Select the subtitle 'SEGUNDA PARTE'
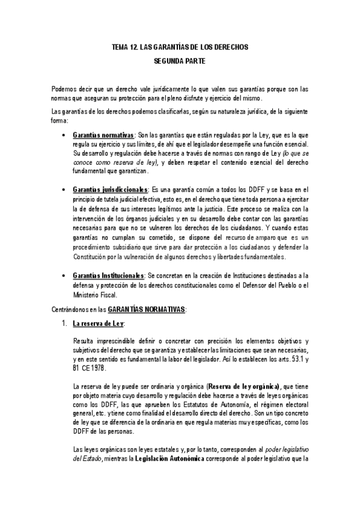[180, 61]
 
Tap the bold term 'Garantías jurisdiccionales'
[109, 189]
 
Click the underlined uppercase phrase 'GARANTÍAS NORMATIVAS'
[147, 310]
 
